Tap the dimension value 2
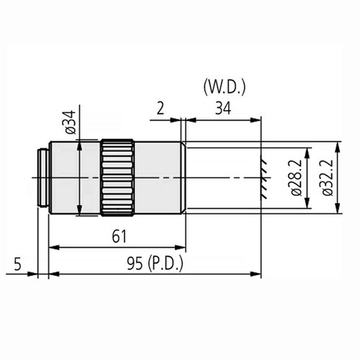(161, 109)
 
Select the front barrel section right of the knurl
(158, 176)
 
